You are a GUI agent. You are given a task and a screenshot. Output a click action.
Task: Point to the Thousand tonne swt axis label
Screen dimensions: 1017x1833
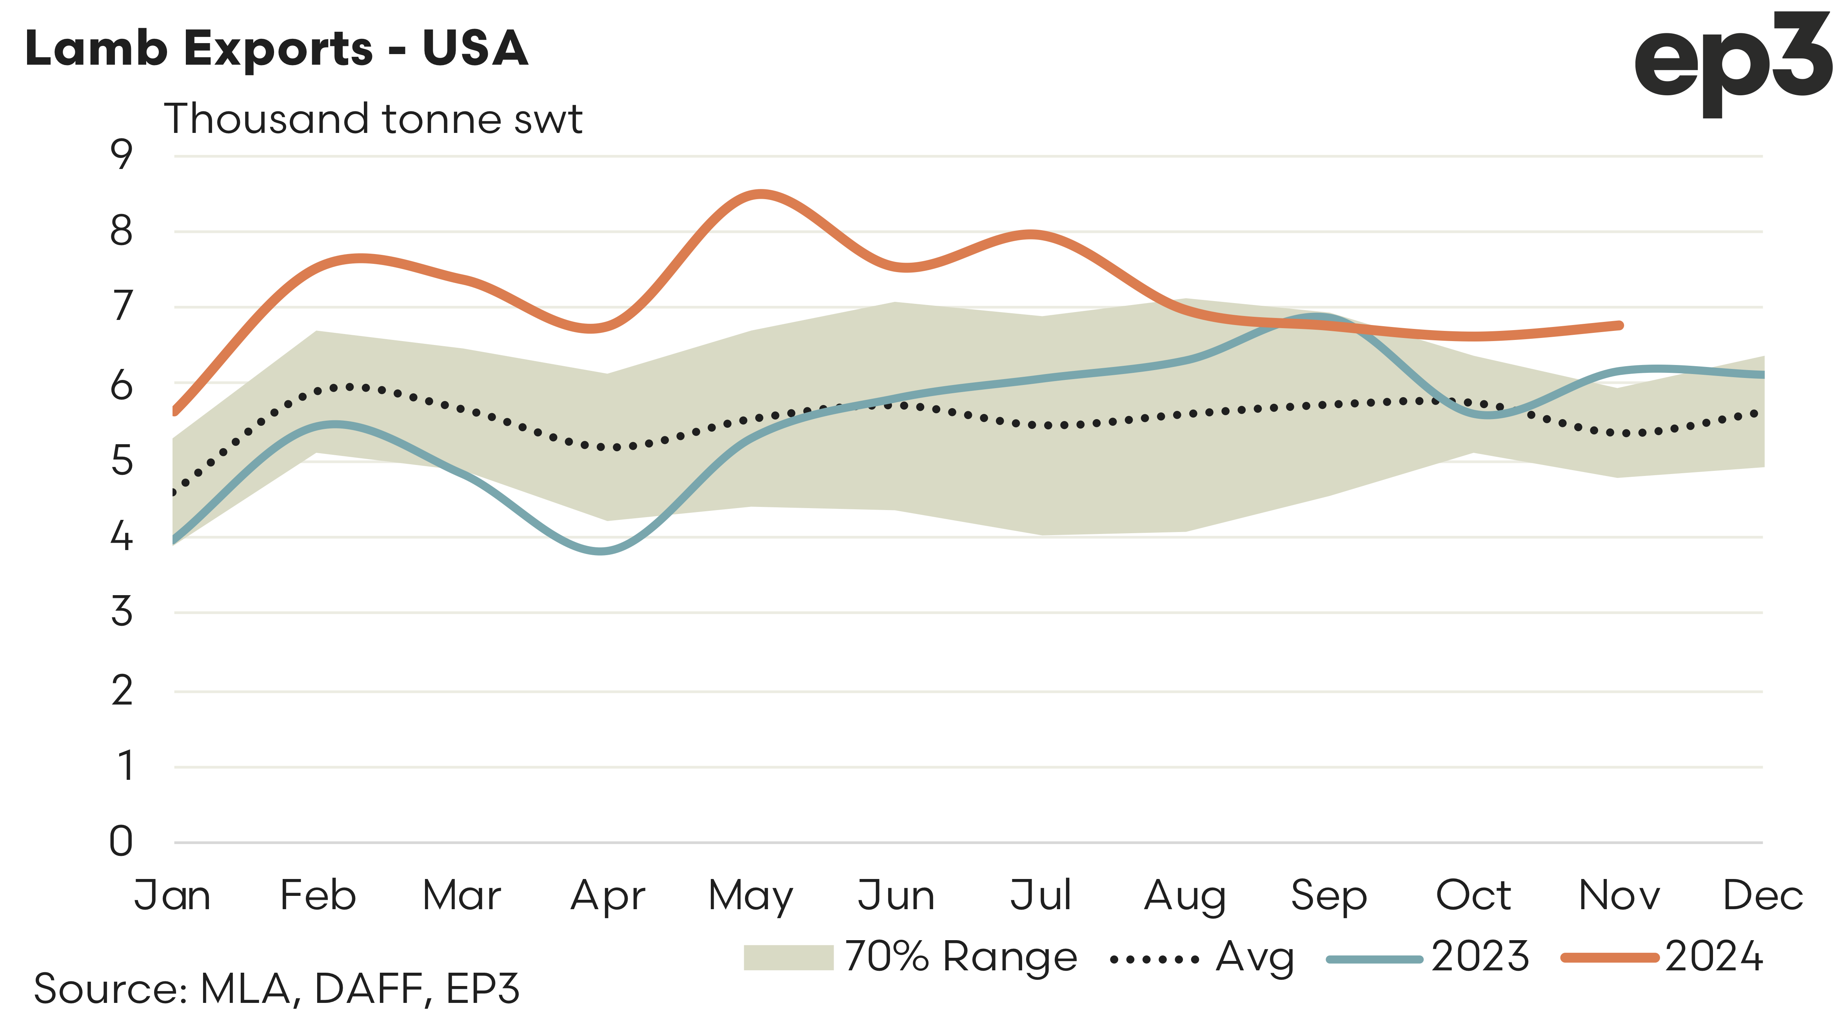coord(373,119)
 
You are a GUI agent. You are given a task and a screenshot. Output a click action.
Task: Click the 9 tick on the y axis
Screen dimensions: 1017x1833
coord(122,154)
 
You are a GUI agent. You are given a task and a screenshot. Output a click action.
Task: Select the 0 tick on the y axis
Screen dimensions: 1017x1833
coord(122,841)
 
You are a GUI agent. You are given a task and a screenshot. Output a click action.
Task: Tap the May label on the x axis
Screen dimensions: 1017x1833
coord(751,896)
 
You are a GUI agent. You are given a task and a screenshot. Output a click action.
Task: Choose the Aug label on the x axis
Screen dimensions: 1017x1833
coord(1185,896)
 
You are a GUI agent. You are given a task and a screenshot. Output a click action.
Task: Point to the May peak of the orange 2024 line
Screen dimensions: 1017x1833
coord(760,194)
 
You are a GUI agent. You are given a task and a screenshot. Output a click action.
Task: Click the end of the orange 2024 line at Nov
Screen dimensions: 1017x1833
coord(1620,325)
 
